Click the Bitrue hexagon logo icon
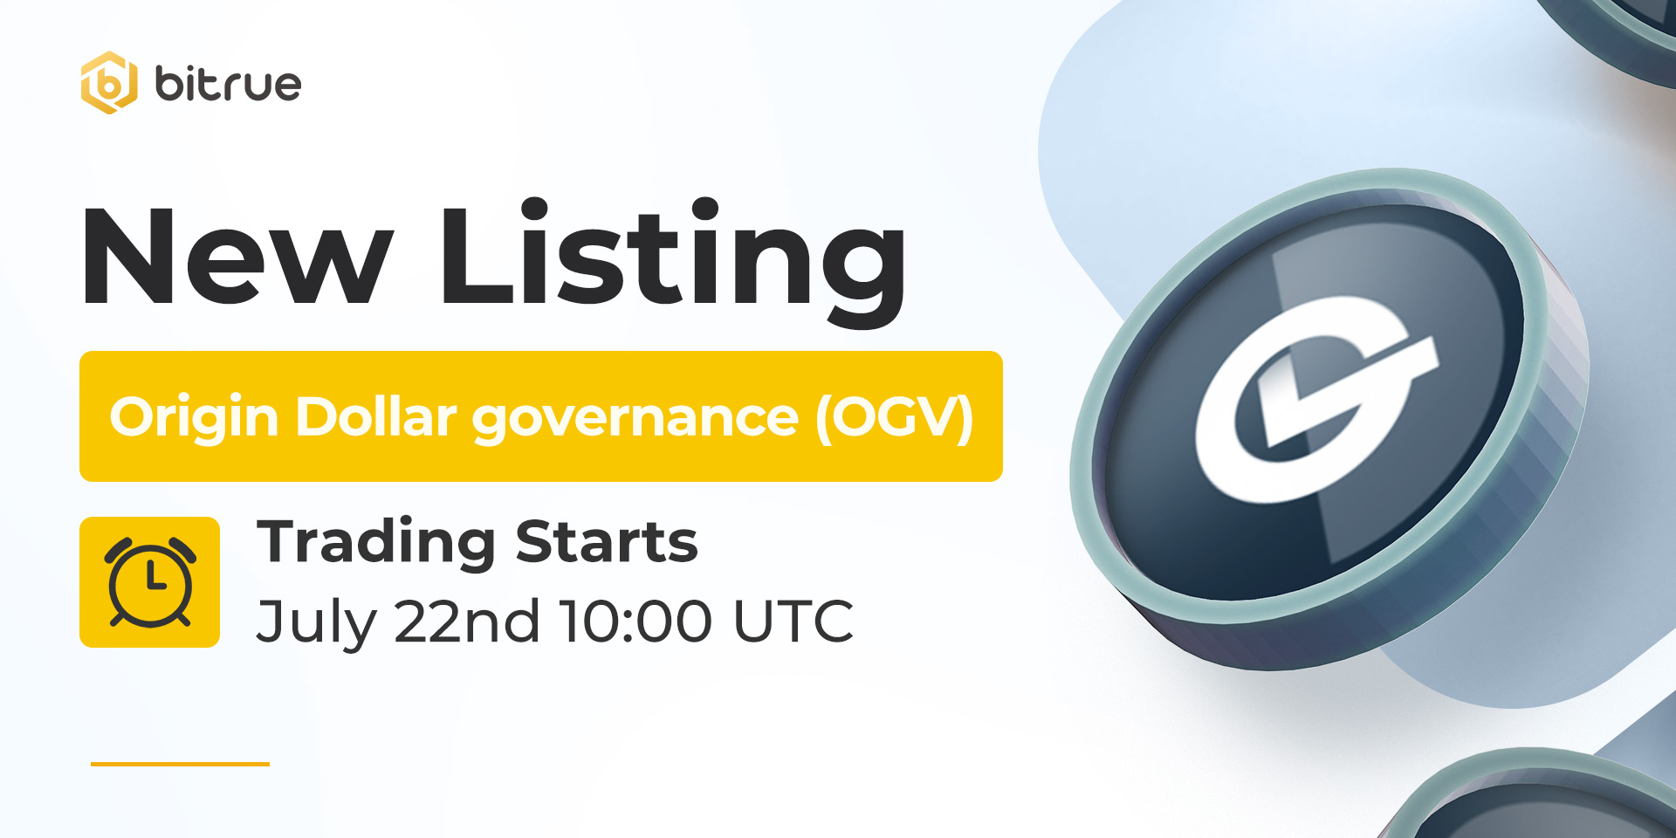109,83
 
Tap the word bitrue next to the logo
228,84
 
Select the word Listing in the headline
673,263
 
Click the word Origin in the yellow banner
194,418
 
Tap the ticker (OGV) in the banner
895,418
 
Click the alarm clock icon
150,582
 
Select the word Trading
376,543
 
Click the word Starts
607,541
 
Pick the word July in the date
317,623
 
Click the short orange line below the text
180,764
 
